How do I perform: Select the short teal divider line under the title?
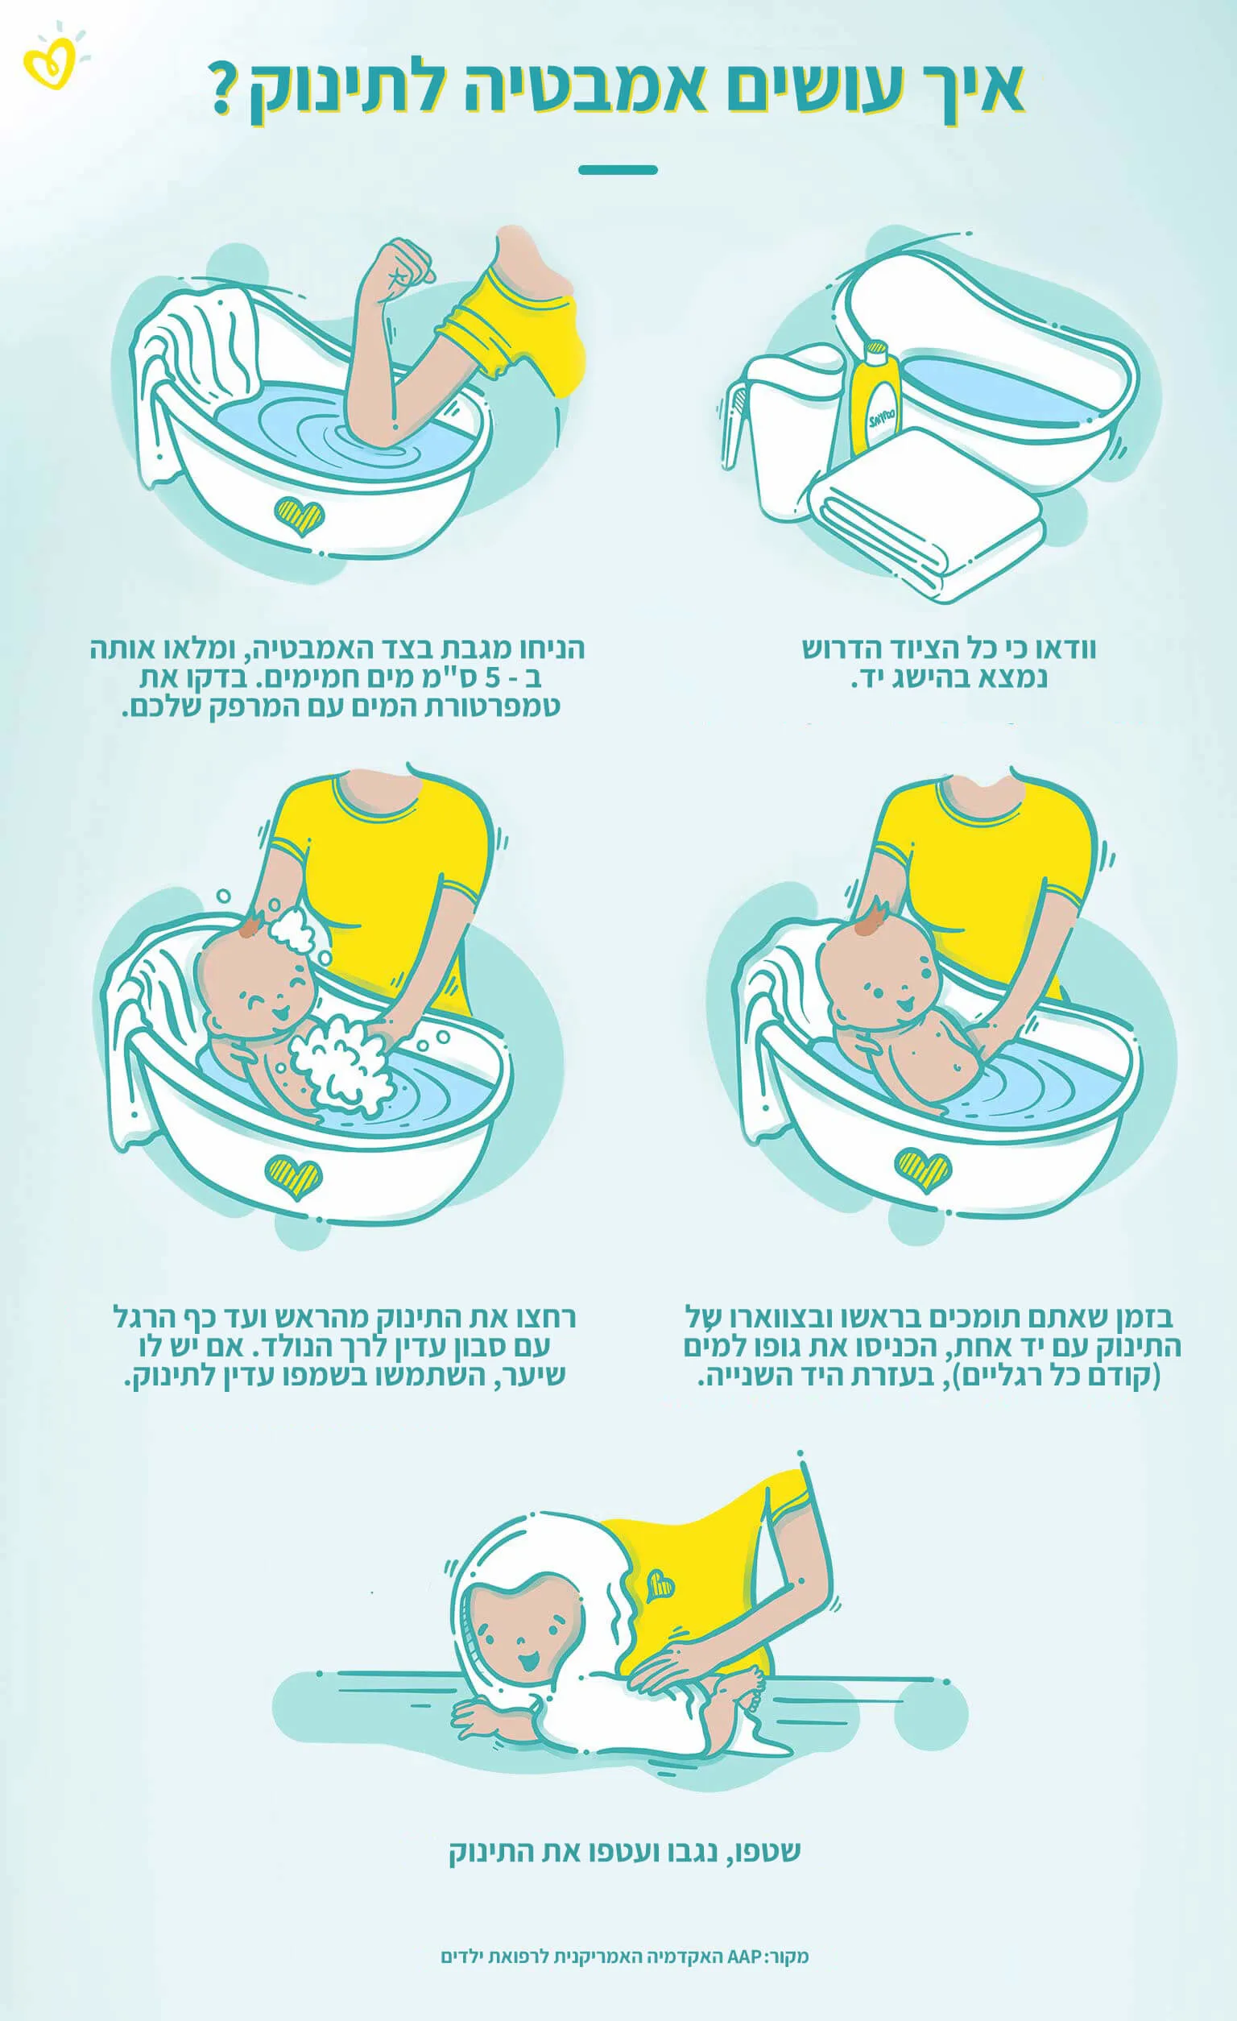point(618,170)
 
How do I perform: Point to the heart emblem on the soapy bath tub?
point(292,1173)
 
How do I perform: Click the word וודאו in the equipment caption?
point(1067,649)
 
